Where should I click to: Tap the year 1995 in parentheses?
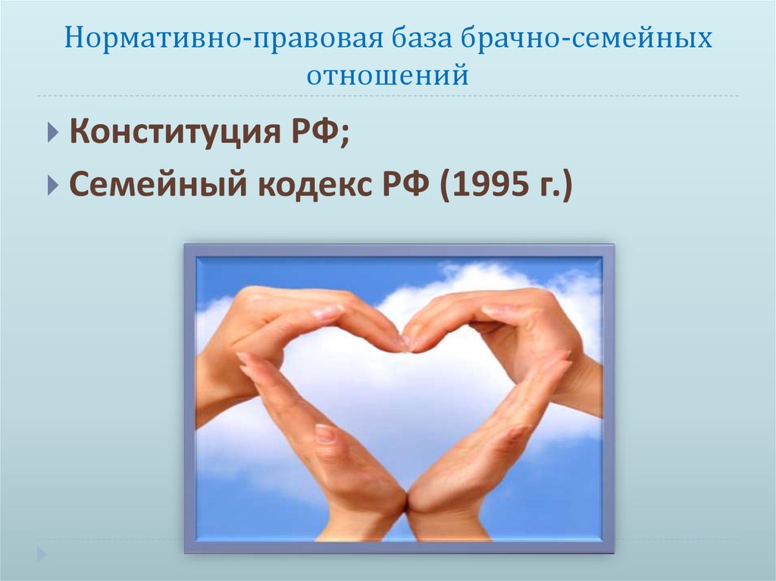click(x=483, y=185)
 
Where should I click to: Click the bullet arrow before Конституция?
click(x=51, y=136)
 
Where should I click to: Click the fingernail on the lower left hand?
click(x=324, y=434)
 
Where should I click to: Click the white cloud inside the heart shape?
click(x=402, y=409)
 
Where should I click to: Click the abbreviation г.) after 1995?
click(x=552, y=185)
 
